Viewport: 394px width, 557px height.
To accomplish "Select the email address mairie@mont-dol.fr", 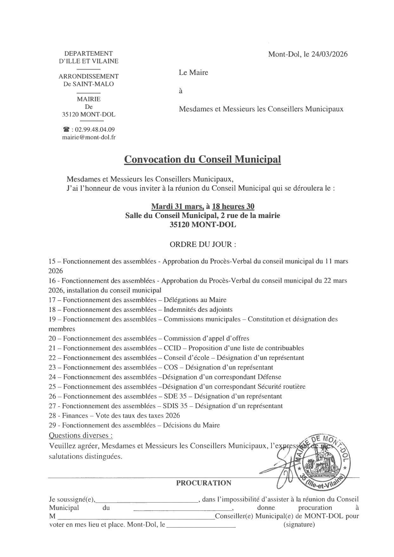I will pyautogui.click(x=89, y=137).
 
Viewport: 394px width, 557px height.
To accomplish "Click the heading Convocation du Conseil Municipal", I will pyautogui.click(x=202, y=159).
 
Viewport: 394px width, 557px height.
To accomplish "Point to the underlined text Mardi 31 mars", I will pyautogui.click(x=177, y=206).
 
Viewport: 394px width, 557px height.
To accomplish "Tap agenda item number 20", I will pyautogui.click(x=52, y=338).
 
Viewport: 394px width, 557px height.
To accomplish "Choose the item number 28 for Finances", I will pyautogui.click(x=52, y=415).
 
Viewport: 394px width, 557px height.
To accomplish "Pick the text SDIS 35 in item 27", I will pyautogui.click(x=175, y=406).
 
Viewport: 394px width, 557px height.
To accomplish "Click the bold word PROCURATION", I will pyautogui.click(x=204, y=483).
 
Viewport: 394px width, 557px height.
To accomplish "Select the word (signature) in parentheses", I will pyautogui.click(x=299, y=525).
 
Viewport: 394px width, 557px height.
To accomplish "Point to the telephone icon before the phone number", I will pyautogui.click(x=66, y=129).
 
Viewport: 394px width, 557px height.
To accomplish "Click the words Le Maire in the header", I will pyautogui.click(x=194, y=72).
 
